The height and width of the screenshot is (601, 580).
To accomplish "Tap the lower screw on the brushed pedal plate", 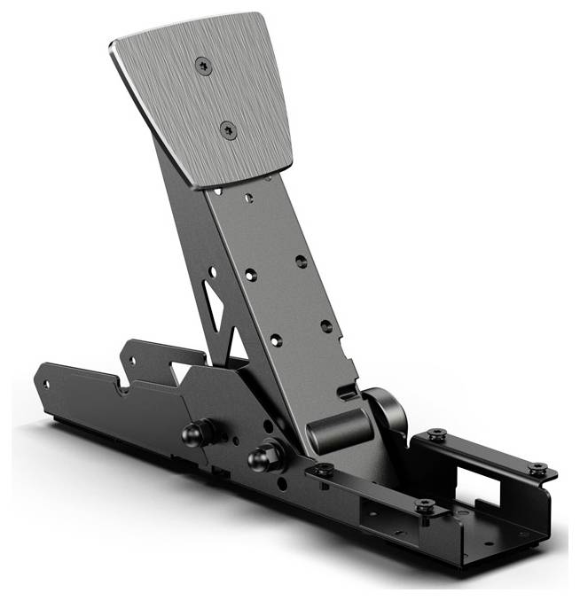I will [x=229, y=130].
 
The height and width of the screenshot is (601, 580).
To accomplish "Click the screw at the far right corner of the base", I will [x=537, y=468].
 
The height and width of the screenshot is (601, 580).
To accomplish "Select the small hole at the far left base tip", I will [x=47, y=384].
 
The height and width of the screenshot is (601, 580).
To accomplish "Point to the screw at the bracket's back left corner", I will [x=435, y=434].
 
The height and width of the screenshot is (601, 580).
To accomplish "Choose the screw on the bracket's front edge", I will [x=424, y=506].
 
